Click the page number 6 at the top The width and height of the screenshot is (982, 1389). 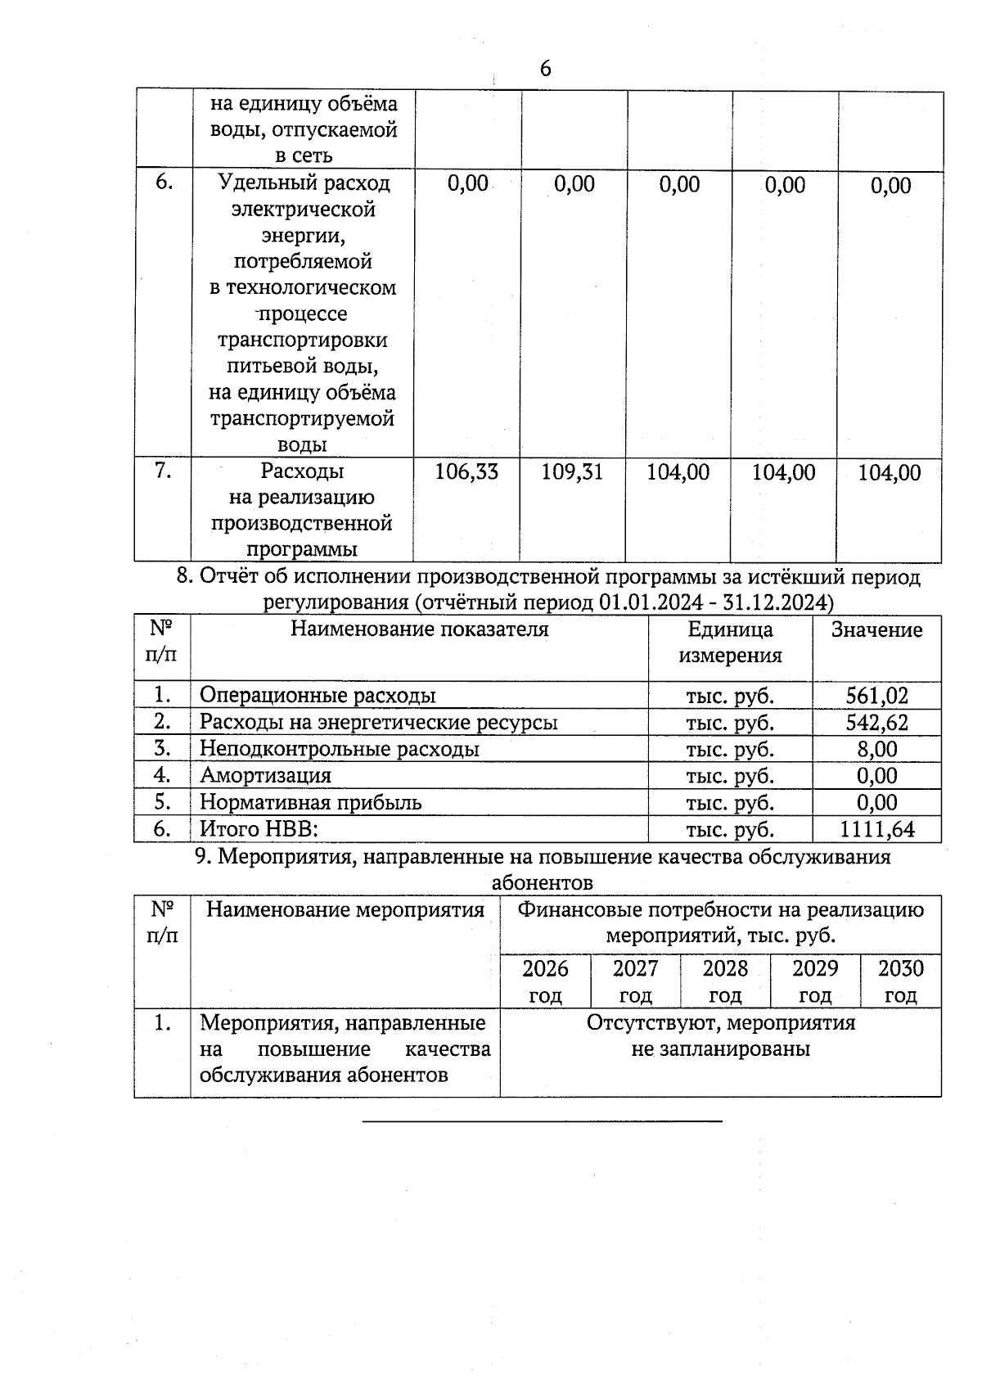546,69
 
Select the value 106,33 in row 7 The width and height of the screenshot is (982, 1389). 466,472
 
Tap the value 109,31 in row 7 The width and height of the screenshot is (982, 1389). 572,472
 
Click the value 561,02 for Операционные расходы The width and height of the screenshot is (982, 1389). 876,696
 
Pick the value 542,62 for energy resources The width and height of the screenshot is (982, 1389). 876,723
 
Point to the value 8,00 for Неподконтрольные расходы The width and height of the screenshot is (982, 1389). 876,749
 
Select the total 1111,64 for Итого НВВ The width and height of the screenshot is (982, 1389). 876,829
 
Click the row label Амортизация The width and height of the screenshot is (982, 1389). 265,775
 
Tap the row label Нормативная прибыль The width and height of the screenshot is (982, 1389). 310,802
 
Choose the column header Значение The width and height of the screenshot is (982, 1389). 876,629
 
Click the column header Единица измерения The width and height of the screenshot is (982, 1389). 730,643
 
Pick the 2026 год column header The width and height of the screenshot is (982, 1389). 545,981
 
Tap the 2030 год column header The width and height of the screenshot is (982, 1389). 900,981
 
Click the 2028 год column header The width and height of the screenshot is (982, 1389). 725,981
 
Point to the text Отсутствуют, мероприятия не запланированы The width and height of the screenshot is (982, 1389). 720,1035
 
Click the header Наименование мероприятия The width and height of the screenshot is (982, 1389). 345,909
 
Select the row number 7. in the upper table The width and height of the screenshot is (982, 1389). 163,471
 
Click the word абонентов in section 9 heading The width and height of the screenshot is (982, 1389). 542,883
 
